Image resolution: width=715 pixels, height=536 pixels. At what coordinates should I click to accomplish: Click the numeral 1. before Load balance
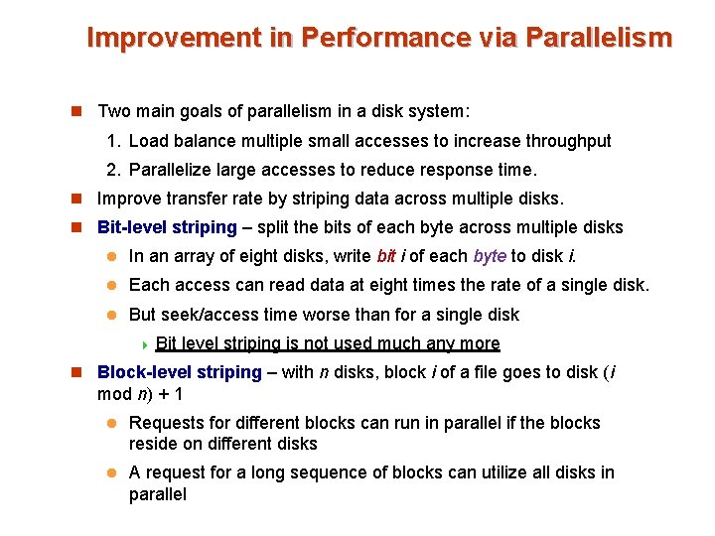click(116, 141)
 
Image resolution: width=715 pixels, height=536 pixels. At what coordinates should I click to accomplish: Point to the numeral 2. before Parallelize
click(116, 170)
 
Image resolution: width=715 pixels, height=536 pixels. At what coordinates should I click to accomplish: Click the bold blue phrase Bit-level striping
click(167, 227)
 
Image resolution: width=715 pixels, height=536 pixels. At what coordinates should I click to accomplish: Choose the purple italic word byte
click(490, 256)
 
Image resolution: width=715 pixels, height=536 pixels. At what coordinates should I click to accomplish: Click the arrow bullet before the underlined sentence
click(145, 344)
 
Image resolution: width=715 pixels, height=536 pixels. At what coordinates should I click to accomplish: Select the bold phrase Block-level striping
click(180, 373)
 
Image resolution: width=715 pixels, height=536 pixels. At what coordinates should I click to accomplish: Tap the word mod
click(111, 393)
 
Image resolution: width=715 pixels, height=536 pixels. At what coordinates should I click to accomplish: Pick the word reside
click(153, 443)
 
